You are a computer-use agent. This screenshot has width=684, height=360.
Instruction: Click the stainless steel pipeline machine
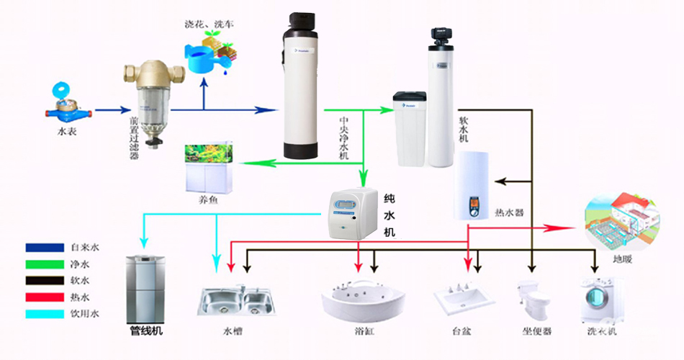click(x=146, y=288)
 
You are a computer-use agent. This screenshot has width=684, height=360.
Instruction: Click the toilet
click(x=534, y=301)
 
